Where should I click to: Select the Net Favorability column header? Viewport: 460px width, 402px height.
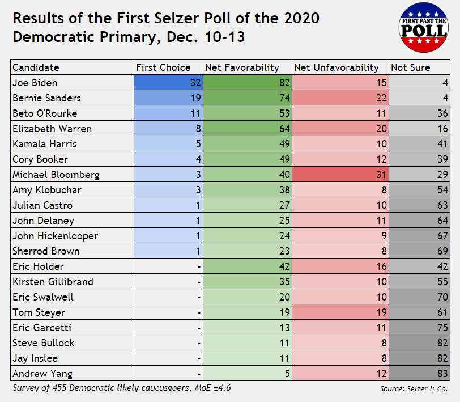[242, 67]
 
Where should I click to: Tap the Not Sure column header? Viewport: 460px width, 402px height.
[411, 67]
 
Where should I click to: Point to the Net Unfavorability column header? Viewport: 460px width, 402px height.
[337, 67]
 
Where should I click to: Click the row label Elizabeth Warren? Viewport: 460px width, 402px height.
[52, 129]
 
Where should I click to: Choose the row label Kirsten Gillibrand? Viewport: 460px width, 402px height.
[53, 282]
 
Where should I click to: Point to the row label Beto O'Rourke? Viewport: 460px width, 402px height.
[45, 113]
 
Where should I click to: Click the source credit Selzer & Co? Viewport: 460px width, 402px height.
[414, 389]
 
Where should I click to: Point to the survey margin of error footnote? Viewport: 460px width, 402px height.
[122, 388]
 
